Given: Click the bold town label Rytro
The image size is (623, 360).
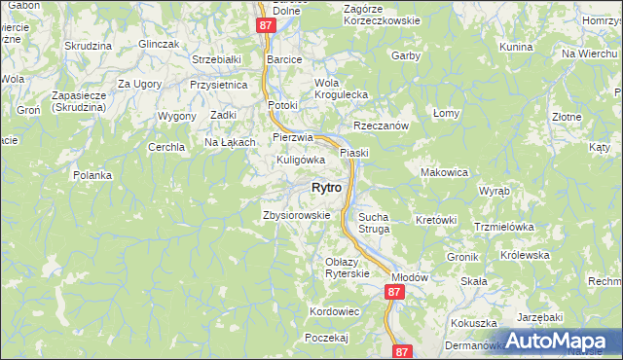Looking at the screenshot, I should tap(325, 188).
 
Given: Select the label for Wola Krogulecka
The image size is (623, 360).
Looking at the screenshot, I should tap(339, 89).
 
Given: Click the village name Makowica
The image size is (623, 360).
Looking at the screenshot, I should tap(444, 172).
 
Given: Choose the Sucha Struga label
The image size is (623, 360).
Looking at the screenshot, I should tap(374, 223).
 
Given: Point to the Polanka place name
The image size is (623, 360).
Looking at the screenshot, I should tap(92, 175).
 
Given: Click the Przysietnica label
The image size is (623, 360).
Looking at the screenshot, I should tap(219, 85).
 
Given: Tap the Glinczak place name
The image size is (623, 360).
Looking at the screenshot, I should tap(160, 44).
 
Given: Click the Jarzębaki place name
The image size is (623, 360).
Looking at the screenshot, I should tap(540, 317).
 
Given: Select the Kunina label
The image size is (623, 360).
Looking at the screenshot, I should tap(516, 47).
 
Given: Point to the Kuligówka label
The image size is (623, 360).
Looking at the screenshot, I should tap(300, 159).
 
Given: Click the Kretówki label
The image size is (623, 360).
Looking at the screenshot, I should tap(436, 220).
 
